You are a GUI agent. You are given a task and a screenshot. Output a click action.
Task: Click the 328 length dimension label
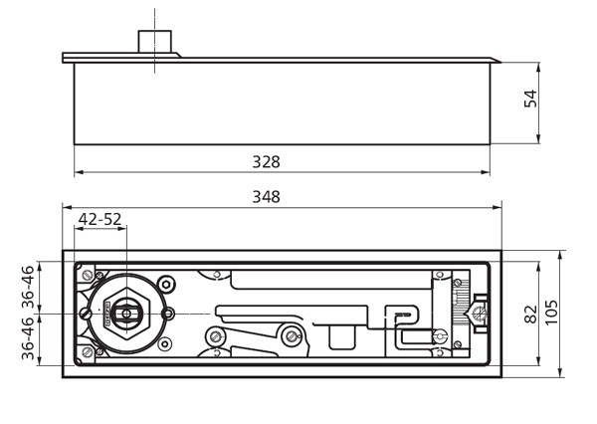point(266,161)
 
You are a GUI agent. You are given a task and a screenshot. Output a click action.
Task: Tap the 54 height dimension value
point(531,99)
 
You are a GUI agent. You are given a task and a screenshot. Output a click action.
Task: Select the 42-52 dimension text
point(99,219)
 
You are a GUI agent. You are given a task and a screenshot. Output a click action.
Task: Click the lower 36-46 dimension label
point(28,338)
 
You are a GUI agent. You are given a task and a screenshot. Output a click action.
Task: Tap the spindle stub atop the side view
point(155,40)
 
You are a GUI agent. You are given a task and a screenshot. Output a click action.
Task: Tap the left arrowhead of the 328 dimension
point(78,173)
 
